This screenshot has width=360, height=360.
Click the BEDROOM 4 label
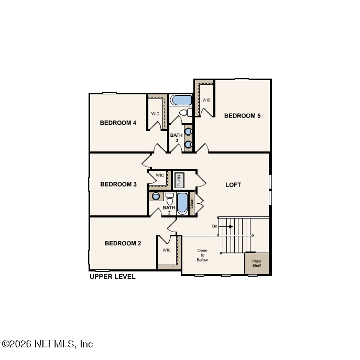pyautogui.click(x=118, y=123)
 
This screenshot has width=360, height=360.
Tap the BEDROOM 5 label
pyautogui.click(x=242, y=116)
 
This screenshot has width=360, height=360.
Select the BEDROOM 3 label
pyautogui.click(x=118, y=184)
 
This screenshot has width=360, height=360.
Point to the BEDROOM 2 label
pyautogui.click(x=123, y=243)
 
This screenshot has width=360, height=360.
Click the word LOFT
pyautogui.click(x=233, y=185)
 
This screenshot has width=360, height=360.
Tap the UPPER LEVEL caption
pyautogui.click(x=113, y=277)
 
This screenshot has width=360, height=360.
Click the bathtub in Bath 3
pyautogui.click(x=181, y=100)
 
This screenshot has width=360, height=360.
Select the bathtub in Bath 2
pyautogui.click(x=182, y=203)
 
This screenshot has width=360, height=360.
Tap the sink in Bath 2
pyautogui.click(x=156, y=197)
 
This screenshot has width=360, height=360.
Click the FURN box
pyautogui.click(x=179, y=180)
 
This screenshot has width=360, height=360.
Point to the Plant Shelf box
pyautogui.click(x=257, y=263)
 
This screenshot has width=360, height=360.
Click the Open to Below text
pyautogui.click(x=202, y=255)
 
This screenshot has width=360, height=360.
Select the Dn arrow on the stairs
pyautogui.click(x=225, y=226)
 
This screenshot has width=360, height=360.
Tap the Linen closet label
pyautogui.click(x=192, y=203)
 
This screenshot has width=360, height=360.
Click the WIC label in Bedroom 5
pyautogui.click(x=206, y=100)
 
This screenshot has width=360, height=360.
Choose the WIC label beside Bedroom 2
pyautogui.click(x=167, y=250)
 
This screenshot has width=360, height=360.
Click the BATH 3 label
pyautogui.click(x=176, y=138)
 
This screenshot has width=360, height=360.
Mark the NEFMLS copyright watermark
pyautogui.click(x=48, y=344)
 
